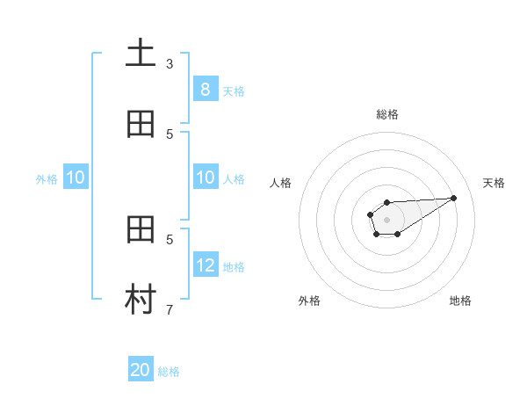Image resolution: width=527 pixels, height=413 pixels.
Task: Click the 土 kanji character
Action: coord(141,54)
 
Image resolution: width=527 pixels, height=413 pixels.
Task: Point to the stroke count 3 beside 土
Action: coord(170,63)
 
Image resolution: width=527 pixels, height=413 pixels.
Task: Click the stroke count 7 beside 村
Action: coord(170,309)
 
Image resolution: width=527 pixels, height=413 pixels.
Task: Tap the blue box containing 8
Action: coord(205,89)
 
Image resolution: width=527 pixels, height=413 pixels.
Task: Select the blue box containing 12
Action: coord(205,264)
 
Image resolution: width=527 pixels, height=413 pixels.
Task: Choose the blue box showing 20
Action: coord(140,370)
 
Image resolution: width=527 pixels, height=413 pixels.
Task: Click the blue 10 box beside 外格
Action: coord(76,178)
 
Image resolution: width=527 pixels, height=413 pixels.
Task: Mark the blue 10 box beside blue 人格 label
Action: coord(205,178)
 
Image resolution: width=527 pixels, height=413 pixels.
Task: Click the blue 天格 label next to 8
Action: coord(234,91)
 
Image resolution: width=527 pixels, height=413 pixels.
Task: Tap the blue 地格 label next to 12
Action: coord(234,266)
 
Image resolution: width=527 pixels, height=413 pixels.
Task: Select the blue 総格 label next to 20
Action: coord(169,372)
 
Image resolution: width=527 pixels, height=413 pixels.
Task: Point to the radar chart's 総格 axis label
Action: coord(386,114)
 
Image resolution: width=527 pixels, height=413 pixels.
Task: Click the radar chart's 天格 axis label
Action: coord(494,183)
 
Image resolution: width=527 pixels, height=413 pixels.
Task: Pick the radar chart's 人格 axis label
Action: coord(280,183)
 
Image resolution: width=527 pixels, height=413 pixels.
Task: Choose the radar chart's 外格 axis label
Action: coord(309,301)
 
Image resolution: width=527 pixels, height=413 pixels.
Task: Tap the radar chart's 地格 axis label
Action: coord(460,301)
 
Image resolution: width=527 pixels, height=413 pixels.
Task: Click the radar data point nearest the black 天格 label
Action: coord(454,198)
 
